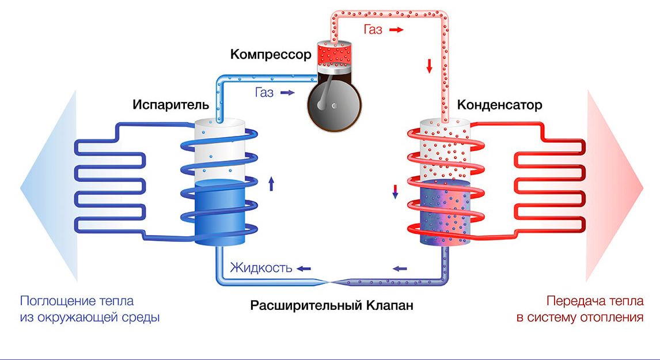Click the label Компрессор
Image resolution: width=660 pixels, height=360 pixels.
click(271, 55)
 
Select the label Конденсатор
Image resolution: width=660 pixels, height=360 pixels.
click(500, 105)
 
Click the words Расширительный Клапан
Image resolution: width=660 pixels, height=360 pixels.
click(332, 305)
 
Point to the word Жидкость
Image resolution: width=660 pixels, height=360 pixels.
click(260, 268)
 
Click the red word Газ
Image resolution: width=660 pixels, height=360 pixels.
click(373, 29)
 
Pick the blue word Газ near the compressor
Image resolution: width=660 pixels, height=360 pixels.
click(263, 92)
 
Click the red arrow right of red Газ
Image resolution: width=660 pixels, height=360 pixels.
click(397, 29)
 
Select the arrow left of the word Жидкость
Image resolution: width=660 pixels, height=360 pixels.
click(304, 268)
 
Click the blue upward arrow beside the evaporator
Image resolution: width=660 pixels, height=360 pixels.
click(271, 184)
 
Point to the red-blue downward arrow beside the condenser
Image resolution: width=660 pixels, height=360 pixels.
click(395, 192)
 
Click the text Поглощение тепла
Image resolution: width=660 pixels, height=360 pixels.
click(77, 301)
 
